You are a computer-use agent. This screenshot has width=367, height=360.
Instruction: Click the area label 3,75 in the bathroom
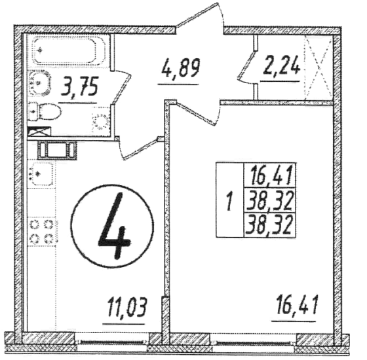click(x=79, y=86)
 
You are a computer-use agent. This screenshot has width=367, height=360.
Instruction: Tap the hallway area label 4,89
click(x=180, y=68)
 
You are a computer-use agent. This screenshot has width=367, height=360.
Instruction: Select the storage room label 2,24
click(x=281, y=65)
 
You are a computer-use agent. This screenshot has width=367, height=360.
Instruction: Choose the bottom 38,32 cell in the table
click(x=271, y=225)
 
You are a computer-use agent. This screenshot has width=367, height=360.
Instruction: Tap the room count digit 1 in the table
click(x=229, y=200)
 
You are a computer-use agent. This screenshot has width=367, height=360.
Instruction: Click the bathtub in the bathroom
click(x=66, y=51)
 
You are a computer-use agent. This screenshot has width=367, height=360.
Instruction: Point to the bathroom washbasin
click(x=39, y=83)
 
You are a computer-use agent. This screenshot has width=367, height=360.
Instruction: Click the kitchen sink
click(x=42, y=174)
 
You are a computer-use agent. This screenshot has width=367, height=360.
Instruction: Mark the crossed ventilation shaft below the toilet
click(x=39, y=132)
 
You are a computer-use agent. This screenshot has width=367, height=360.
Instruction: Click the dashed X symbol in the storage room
click(x=319, y=68)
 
